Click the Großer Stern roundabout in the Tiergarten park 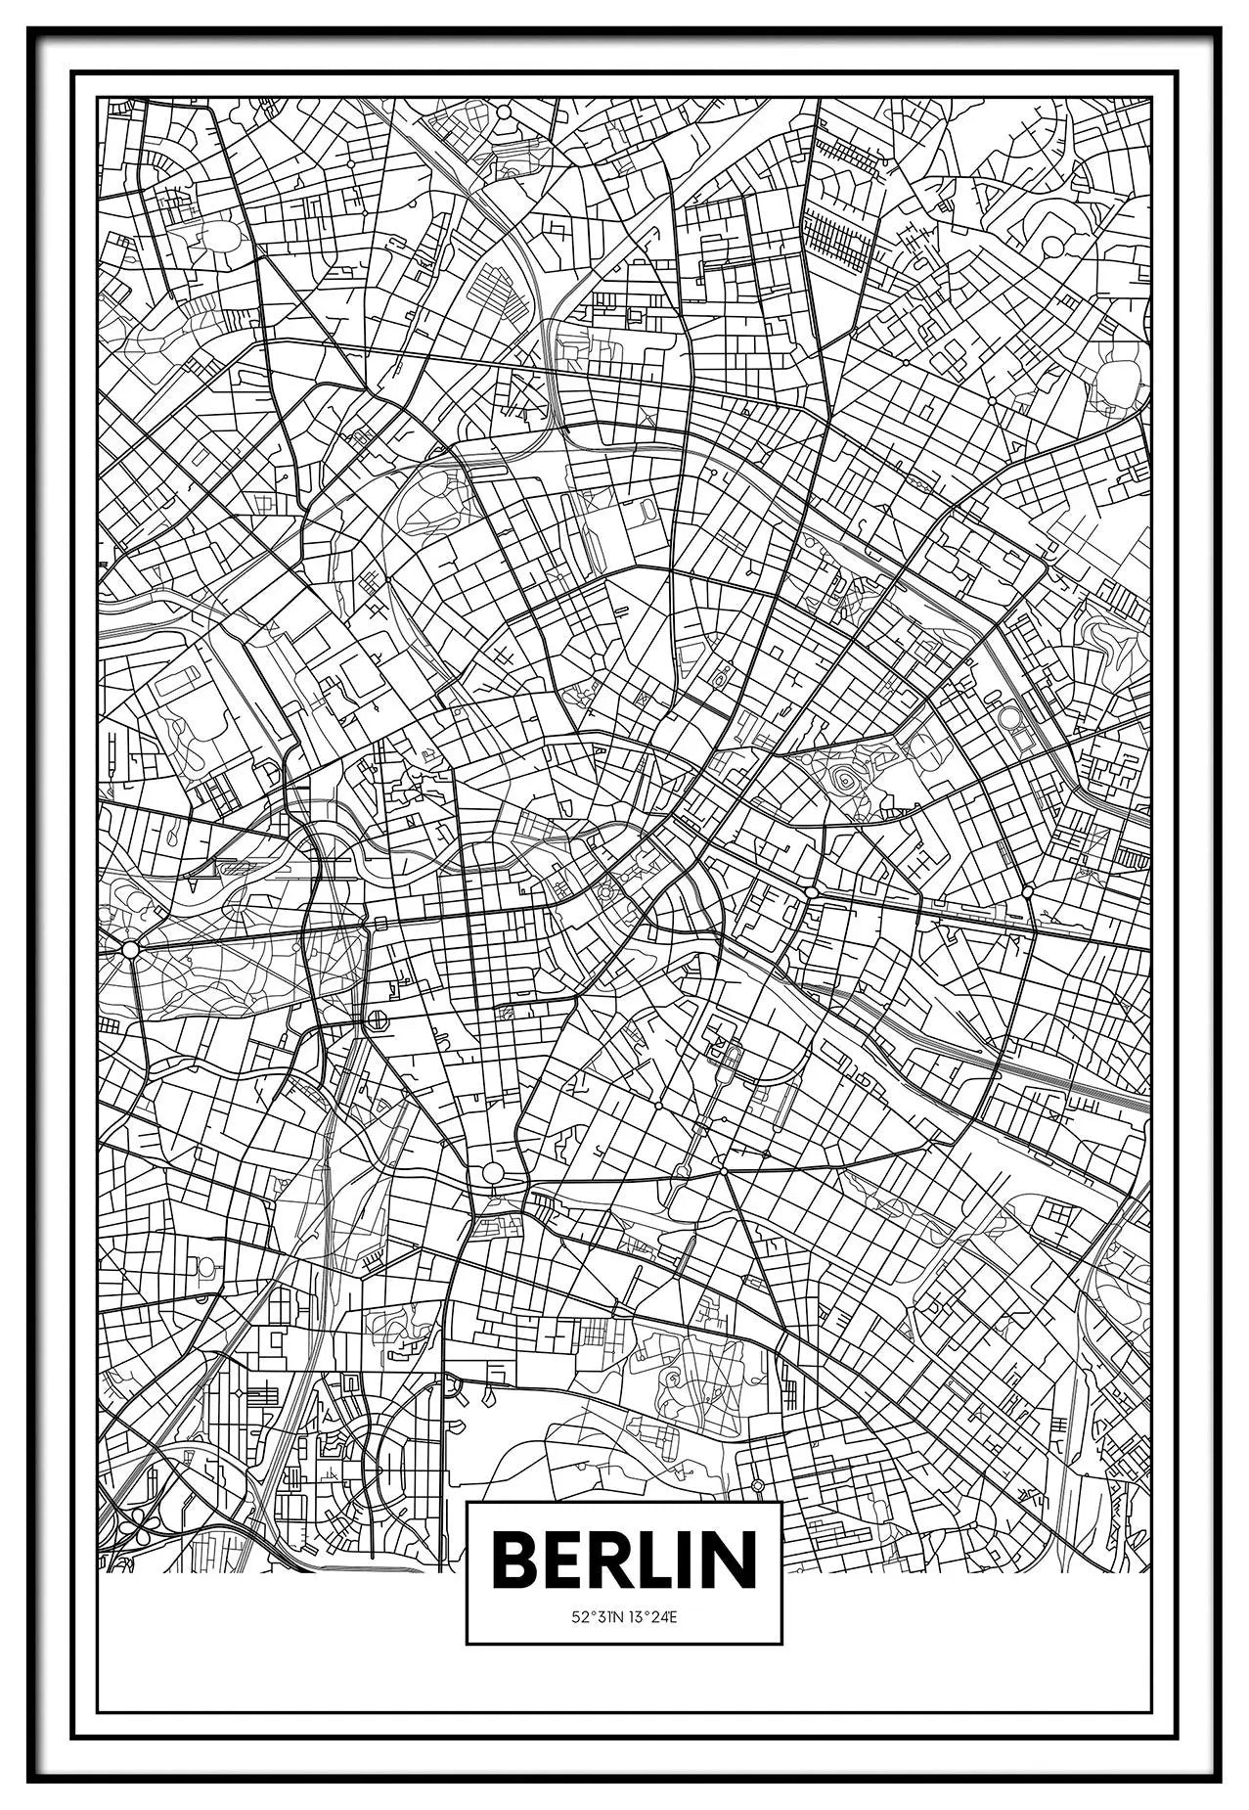tap(129, 948)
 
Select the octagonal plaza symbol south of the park tap(376, 1021)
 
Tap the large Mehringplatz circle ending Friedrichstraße tap(493, 1172)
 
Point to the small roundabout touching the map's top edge tap(504, 112)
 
